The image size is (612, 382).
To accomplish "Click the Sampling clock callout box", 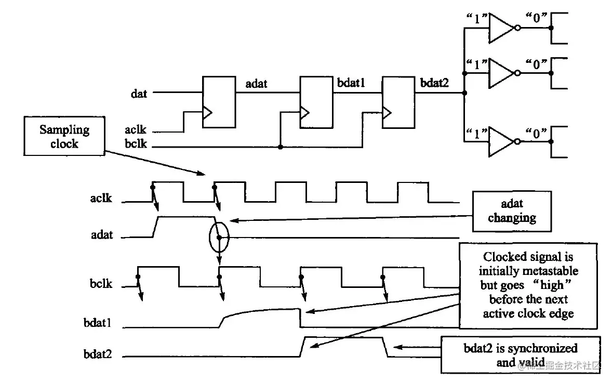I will pos(64,137).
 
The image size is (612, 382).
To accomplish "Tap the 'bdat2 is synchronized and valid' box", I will pos(521,354).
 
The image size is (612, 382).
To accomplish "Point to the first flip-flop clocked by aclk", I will pos(219,102).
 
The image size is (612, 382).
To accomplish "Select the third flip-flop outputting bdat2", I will pos(398,102).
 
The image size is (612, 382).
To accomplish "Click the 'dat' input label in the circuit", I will pos(139,94).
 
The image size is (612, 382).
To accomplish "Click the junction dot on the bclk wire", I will pos(281,147).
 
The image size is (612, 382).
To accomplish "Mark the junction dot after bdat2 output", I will pos(463,94).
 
